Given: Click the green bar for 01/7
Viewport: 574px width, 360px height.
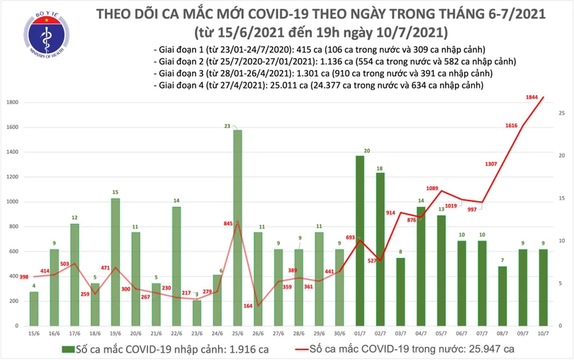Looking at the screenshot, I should click(x=359, y=241).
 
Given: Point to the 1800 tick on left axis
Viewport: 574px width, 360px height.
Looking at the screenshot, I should click(x=11, y=103).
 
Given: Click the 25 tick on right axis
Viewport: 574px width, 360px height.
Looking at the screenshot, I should click(x=561, y=113).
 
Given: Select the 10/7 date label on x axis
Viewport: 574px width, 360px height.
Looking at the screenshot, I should click(x=542, y=332).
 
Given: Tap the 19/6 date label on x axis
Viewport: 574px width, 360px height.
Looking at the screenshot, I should click(x=115, y=332).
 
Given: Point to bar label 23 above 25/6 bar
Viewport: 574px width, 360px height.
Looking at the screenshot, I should click(x=227, y=126).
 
